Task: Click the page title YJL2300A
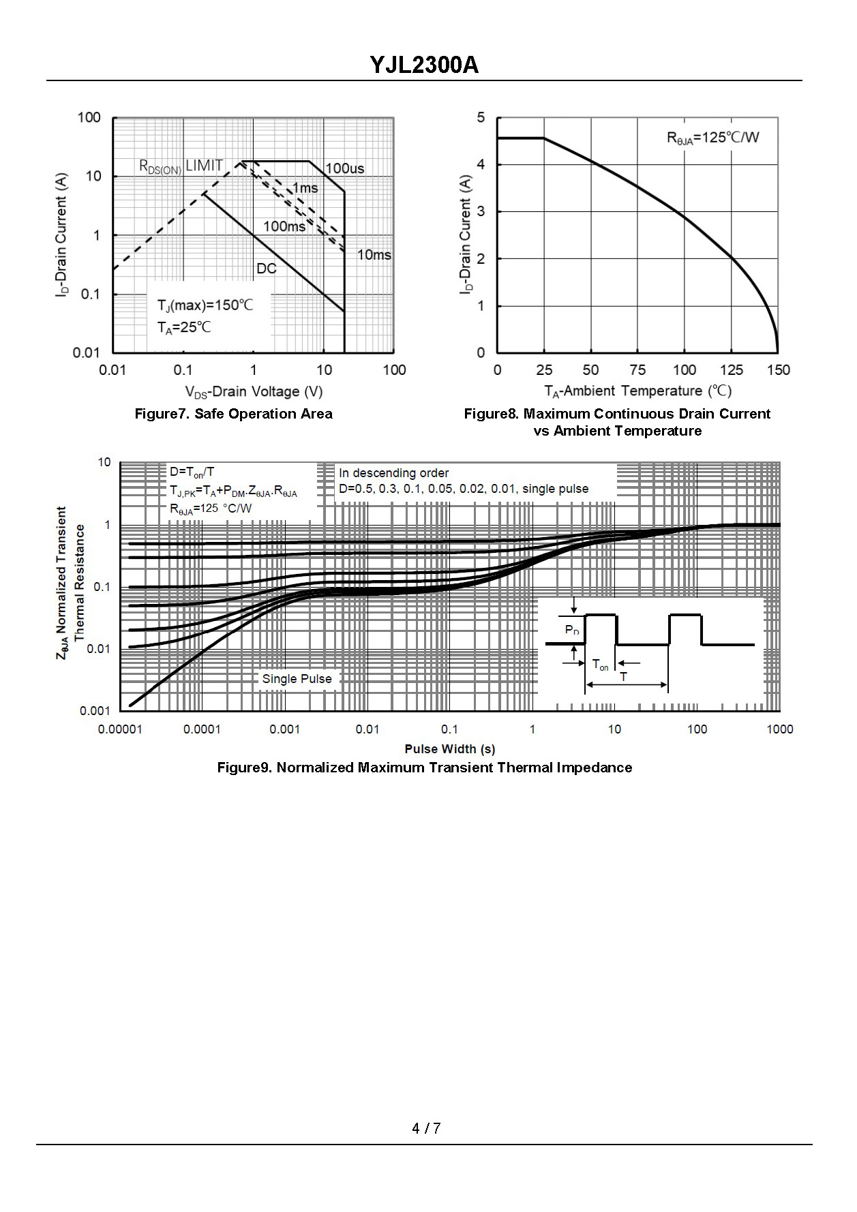[x=424, y=65]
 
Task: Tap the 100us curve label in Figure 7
[x=344, y=168]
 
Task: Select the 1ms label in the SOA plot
[x=305, y=188]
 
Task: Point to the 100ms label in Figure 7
[x=284, y=226]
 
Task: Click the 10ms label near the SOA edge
[x=374, y=255]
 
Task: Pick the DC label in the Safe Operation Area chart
[x=267, y=269]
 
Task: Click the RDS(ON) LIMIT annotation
[x=181, y=166]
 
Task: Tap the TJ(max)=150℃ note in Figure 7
[x=205, y=305]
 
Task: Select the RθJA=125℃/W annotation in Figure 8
[x=712, y=138]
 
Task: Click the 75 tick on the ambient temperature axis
[x=637, y=370]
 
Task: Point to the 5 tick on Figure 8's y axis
[x=481, y=118]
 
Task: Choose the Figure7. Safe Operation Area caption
[x=233, y=414]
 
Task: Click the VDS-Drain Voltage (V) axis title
[x=254, y=391]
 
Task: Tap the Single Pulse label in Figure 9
[x=297, y=679]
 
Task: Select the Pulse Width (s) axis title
[x=450, y=748]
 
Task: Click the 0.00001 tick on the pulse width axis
[x=120, y=729]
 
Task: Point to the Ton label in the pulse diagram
[x=600, y=665]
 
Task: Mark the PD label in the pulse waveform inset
[x=572, y=631]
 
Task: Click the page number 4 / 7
[x=426, y=1128]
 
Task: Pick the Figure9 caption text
[x=424, y=768]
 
